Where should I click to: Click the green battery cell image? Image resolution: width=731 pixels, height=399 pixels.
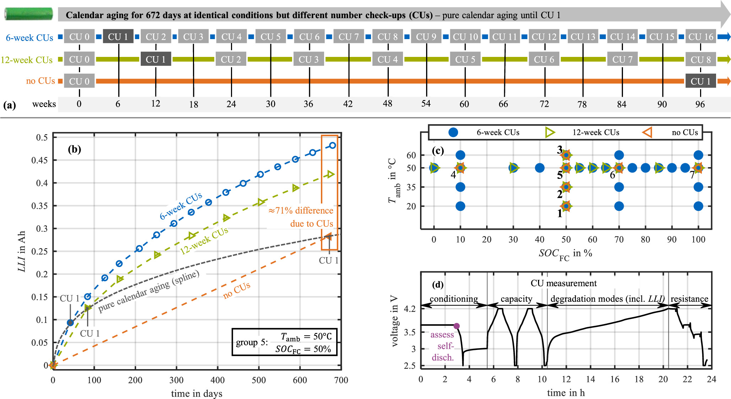click(28, 14)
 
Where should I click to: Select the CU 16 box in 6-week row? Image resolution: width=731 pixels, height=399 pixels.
click(700, 37)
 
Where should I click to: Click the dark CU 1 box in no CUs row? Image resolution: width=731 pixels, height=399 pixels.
click(700, 81)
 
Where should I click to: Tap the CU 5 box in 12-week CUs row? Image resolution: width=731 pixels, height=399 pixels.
click(465, 59)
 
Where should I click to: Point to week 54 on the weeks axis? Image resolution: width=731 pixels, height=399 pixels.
click(426, 104)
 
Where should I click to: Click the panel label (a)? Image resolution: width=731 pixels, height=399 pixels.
click(10, 105)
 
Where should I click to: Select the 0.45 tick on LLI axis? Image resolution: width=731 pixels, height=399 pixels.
click(39, 160)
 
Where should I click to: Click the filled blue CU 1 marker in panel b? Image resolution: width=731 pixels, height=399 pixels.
click(70, 323)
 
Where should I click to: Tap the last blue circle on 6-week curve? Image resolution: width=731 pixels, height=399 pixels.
click(333, 145)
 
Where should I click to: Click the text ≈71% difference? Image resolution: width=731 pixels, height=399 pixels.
click(301, 211)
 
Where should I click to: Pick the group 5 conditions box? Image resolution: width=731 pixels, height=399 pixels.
click(284, 342)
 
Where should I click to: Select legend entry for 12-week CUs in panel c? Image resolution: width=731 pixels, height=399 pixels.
click(583, 133)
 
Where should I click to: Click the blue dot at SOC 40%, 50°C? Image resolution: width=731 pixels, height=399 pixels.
click(539, 168)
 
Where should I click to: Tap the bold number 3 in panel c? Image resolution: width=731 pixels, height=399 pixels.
click(559, 150)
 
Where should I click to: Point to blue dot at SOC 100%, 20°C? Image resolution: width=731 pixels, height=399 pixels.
click(698, 206)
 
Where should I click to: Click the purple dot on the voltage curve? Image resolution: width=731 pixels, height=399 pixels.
click(457, 326)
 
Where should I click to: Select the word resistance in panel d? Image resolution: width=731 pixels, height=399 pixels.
click(689, 299)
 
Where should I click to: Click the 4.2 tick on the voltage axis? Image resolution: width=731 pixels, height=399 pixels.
click(410, 309)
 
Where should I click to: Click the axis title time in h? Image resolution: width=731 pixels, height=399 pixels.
click(566, 393)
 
